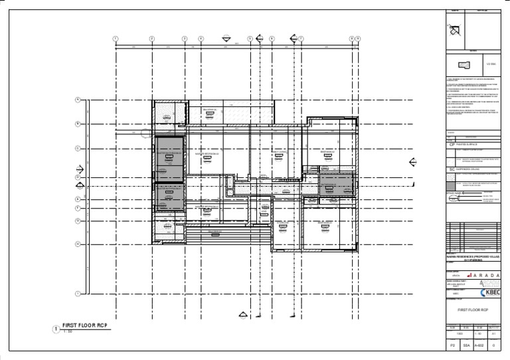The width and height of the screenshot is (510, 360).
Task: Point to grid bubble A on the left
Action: pos(78,100)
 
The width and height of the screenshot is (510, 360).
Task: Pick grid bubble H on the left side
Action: pos(78,244)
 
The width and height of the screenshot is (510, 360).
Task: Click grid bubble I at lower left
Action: pos(78,293)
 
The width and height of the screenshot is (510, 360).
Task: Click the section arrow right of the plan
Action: pos(413,161)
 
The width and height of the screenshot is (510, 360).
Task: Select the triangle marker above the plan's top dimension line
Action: pos(226,39)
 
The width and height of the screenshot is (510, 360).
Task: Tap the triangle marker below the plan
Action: pos(242,315)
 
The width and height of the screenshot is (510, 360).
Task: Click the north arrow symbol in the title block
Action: pos(455,29)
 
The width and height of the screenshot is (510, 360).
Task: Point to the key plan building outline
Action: pos(464,65)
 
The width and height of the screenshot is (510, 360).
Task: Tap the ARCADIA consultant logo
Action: pos(489,283)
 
